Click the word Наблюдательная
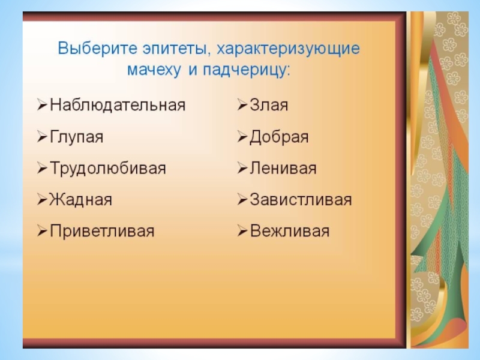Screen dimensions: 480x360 (118, 105)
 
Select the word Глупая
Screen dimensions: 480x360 (77, 137)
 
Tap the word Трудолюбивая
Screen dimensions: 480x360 (108, 169)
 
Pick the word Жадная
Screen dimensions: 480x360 (81, 200)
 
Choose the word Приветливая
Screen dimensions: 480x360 (102, 231)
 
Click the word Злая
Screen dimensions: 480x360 (269, 105)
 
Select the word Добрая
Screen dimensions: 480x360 (279, 137)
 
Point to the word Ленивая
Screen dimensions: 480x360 (283, 169)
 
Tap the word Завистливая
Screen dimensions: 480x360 (301, 200)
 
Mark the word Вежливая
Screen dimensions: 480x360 (290, 231)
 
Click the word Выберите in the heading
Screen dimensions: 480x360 (98, 49)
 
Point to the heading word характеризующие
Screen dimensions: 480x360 (289, 49)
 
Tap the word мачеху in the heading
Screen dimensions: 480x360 (154, 70)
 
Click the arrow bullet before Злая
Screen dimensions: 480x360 (242, 106)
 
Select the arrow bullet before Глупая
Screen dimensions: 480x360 (42, 137)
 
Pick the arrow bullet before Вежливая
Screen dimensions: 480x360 (242, 232)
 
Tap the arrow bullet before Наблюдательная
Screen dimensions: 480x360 (42, 106)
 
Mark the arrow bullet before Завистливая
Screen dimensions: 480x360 (242, 200)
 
